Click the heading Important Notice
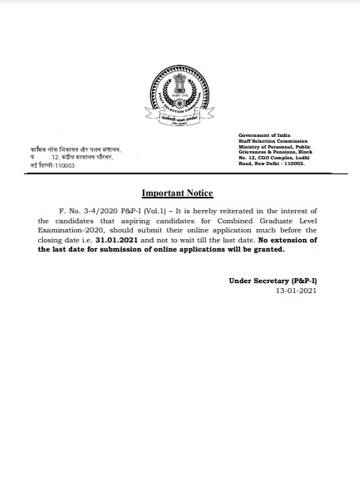click(177, 193)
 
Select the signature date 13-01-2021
click(296, 291)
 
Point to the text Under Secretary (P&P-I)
click(272, 281)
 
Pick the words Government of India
click(264, 135)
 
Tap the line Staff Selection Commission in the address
click(273, 141)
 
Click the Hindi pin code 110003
click(63, 165)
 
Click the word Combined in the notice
click(233, 221)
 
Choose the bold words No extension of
click(288, 240)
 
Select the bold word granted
click(270, 250)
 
